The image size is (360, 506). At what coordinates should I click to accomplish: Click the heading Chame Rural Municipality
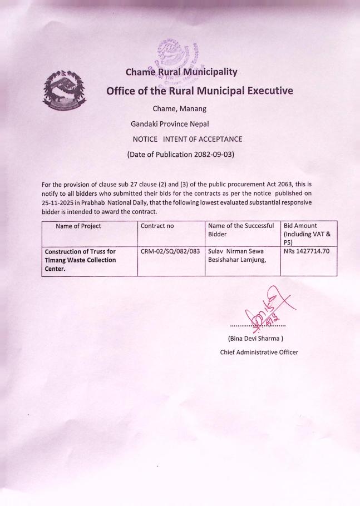tap(181, 71)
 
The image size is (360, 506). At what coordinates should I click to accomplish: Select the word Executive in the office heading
tap(261, 91)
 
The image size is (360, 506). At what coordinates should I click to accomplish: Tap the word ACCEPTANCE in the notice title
tap(214, 139)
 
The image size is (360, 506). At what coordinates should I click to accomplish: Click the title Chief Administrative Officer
tap(259, 351)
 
